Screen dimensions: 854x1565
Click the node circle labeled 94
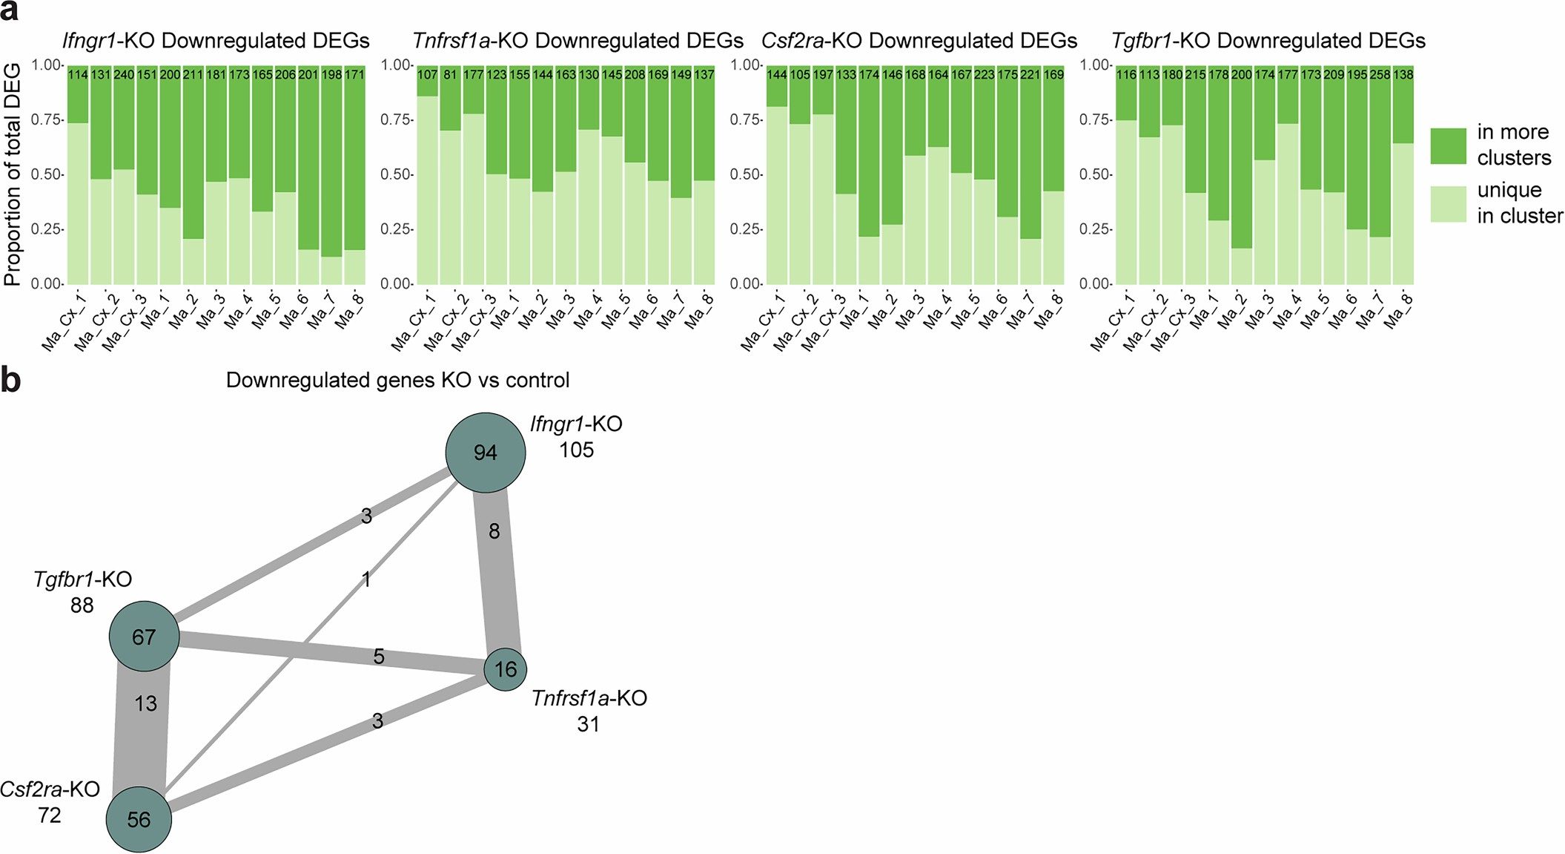485,453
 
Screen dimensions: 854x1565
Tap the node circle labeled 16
506,669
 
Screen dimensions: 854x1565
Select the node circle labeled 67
144,636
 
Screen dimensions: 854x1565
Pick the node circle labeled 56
139,819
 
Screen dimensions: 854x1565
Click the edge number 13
145,703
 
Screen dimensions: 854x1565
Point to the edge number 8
494,531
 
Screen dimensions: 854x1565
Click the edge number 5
379,657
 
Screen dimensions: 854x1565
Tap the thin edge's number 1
365,579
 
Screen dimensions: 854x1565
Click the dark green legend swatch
1448,146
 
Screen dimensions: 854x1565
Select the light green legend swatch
1448,204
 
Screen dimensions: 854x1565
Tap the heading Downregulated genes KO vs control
397,380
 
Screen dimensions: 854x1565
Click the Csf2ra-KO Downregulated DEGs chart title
919,40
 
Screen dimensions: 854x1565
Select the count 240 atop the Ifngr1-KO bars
124,75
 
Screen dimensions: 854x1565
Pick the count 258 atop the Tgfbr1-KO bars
1379,75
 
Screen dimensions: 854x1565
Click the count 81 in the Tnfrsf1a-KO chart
450,75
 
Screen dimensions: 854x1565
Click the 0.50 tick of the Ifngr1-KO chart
46,174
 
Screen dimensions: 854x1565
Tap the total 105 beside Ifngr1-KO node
576,450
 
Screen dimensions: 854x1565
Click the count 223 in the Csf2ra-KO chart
985,75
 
